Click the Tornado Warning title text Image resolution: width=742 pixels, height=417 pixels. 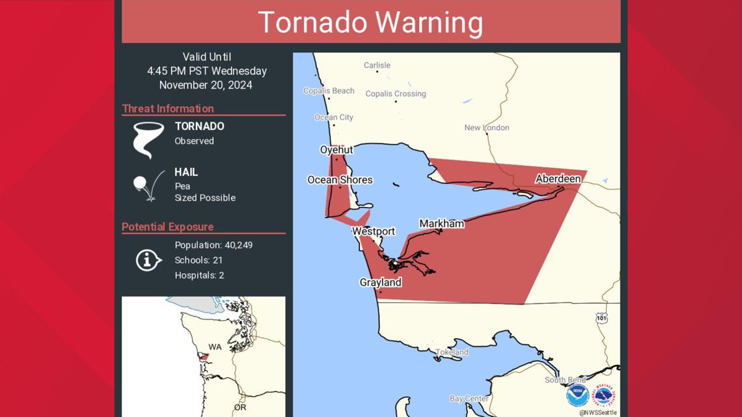pyautogui.click(x=370, y=22)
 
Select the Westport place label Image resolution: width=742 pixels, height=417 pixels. pyautogui.click(x=374, y=232)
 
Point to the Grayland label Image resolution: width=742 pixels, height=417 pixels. pyautogui.click(x=380, y=282)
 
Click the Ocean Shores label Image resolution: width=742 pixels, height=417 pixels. pyautogui.click(x=340, y=180)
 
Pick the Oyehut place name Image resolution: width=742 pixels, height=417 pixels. pyautogui.click(x=337, y=150)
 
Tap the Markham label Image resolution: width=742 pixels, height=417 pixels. pyautogui.click(x=441, y=224)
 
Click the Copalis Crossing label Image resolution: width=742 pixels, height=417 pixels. pyautogui.click(x=396, y=94)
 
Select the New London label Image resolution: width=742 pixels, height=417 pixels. pyautogui.click(x=487, y=128)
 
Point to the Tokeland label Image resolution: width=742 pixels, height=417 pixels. pyautogui.click(x=452, y=352)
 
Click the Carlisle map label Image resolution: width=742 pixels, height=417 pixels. pyautogui.click(x=377, y=65)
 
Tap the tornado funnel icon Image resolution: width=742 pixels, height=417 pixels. pyautogui.click(x=148, y=139)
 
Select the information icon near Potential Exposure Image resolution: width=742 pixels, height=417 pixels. pyautogui.click(x=148, y=260)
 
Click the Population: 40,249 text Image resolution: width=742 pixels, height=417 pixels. pyautogui.click(x=213, y=245)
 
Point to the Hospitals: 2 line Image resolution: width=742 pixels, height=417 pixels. pyautogui.click(x=199, y=275)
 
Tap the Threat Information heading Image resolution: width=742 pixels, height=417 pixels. pyautogui.click(x=168, y=109)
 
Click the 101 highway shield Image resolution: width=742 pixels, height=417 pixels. pyautogui.click(x=601, y=317)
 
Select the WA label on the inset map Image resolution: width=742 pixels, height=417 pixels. pyautogui.click(x=215, y=347)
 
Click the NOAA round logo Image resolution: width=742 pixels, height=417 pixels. pyautogui.click(x=577, y=395)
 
